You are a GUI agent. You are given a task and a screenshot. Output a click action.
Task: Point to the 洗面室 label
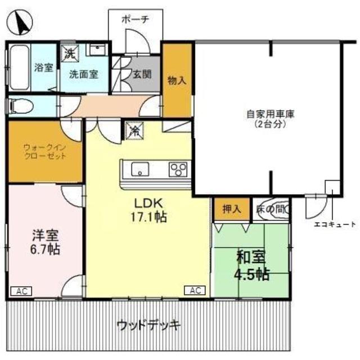point(83,74)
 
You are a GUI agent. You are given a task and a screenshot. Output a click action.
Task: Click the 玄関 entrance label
point(142,73)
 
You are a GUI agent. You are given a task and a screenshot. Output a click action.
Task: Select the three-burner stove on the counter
point(179,168)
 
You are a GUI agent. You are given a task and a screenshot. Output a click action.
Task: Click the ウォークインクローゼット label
point(44,152)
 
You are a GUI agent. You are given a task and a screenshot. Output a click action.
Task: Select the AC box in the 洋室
point(21,291)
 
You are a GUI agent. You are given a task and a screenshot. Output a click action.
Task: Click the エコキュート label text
point(335,224)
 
